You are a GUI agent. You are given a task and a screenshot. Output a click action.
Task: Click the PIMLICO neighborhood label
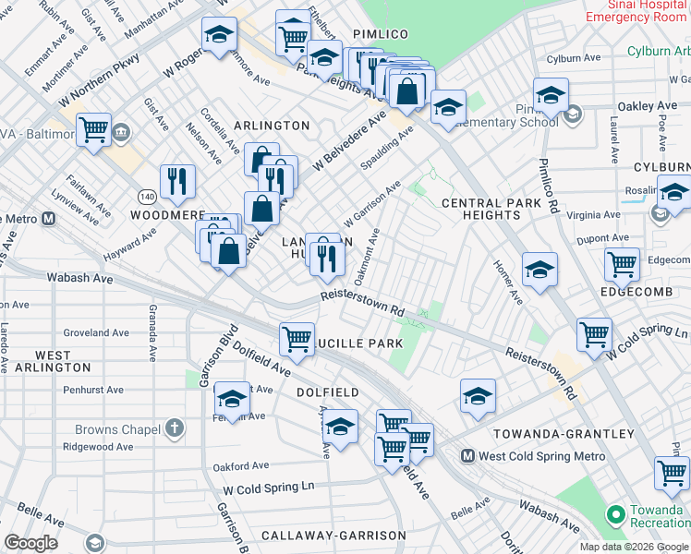379,34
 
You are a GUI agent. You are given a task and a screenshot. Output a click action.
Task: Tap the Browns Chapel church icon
174,428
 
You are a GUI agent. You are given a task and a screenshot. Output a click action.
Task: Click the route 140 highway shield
146,197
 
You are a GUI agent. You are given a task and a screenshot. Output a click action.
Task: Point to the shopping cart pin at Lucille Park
297,339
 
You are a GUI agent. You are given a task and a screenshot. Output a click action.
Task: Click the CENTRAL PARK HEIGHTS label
491,210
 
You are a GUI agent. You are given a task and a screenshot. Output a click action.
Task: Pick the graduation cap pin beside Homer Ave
539,270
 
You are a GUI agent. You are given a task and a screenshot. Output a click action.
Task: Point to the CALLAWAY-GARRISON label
333,536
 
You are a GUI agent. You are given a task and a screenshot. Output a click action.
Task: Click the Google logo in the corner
31,543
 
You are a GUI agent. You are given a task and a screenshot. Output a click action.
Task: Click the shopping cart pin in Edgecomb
622,264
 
